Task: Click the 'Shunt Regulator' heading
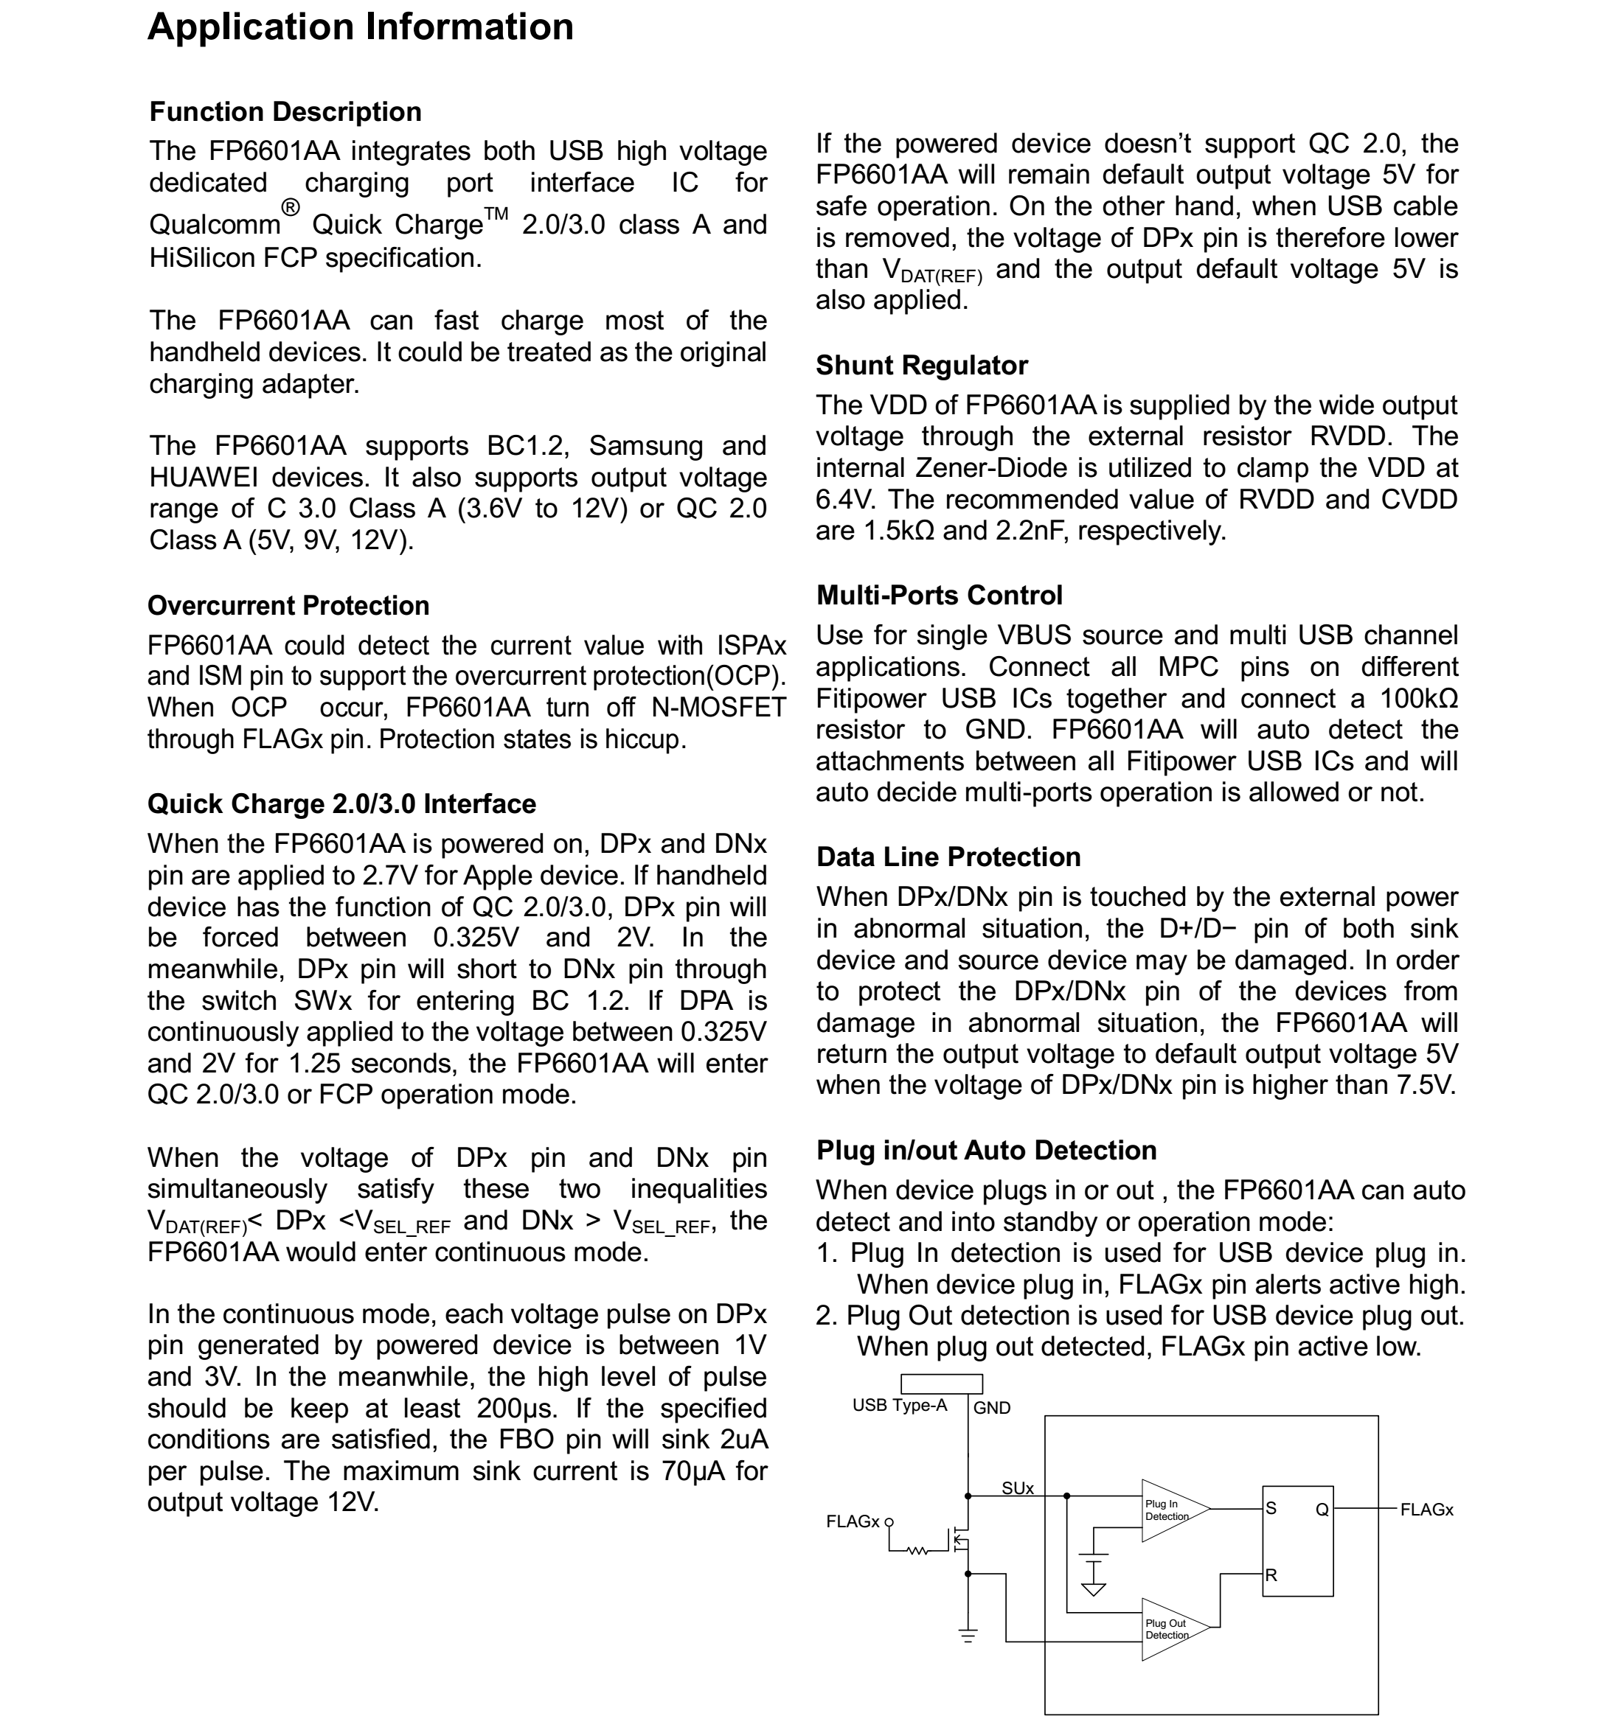(921, 366)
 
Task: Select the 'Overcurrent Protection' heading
(288, 606)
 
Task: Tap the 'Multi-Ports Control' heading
(940, 596)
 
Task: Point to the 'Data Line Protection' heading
(948, 857)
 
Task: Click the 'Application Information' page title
(361, 27)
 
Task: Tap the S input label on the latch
(1271, 1509)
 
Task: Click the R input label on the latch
(1271, 1575)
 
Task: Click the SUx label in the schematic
(1017, 1489)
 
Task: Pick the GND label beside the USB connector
(992, 1408)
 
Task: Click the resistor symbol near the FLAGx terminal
(917, 1551)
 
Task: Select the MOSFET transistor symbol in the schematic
(960, 1539)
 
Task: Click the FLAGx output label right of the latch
(1426, 1510)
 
